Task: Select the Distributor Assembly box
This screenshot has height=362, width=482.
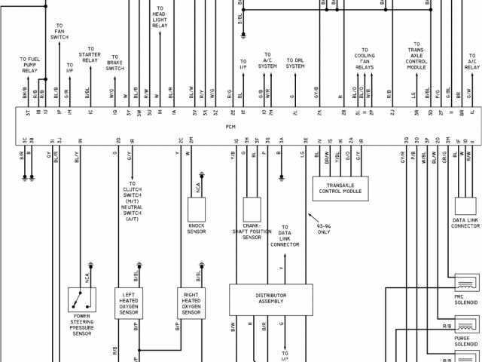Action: click(271, 299)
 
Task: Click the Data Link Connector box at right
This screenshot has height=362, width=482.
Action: click(465, 206)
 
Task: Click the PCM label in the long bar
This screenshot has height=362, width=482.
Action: click(230, 127)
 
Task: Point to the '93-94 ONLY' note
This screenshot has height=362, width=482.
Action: click(323, 228)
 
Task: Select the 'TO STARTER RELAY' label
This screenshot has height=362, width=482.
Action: click(90, 57)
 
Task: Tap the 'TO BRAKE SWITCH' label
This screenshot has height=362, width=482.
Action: click(115, 62)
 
